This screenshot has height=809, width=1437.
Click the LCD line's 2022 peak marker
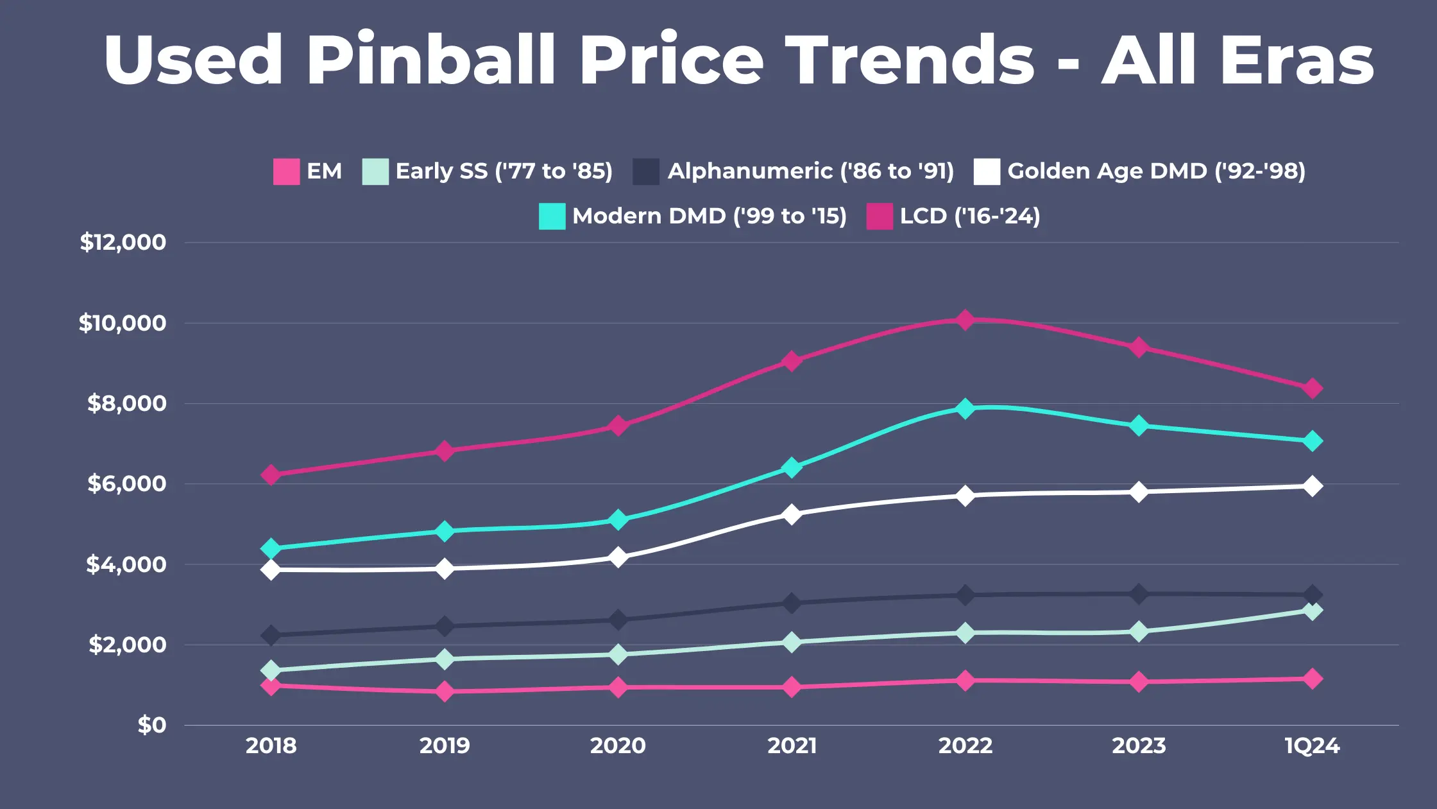point(965,320)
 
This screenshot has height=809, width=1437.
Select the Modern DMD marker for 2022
point(965,408)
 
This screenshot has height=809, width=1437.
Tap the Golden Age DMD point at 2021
point(792,514)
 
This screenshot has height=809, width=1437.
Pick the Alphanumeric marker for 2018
point(271,635)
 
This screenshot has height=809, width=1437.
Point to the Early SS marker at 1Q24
point(1312,611)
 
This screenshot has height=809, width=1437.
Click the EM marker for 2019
point(445,692)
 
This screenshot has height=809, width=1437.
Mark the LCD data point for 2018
point(271,475)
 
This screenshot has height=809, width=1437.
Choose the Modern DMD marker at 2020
point(618,519)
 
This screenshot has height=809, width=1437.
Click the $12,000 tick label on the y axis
point(123,242)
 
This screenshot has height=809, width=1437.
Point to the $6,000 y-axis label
point(126,483)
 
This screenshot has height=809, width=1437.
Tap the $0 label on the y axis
point(152,725)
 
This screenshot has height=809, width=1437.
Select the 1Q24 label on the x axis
point(1312,745)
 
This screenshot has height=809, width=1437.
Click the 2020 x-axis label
point(618,745)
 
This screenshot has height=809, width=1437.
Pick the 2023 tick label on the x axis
point(1139,745)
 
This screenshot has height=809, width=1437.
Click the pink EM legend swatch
point(286,171)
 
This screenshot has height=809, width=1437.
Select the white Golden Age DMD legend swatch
point(987,171)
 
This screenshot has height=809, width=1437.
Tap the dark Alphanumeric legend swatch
point(646,171)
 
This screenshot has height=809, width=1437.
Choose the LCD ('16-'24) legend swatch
point(880,216)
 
